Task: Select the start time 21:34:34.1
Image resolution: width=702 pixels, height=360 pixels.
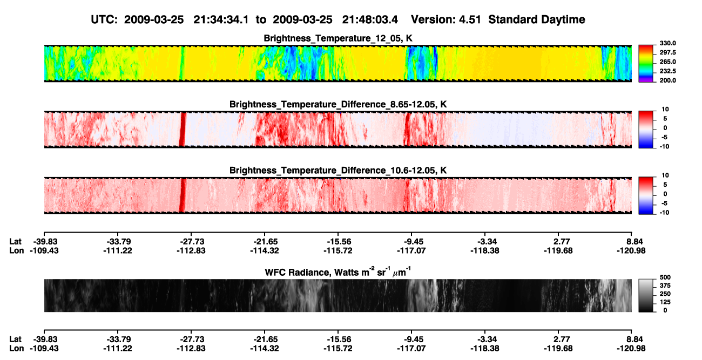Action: [x=221, y=19]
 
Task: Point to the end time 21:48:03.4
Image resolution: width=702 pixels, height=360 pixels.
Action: [x=370, y=19]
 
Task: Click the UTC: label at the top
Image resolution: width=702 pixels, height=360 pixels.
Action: [x=104, y=19]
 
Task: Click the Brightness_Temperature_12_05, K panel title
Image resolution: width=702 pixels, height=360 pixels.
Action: [x=338, y=38]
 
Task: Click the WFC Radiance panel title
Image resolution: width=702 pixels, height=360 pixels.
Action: [x=338, y=272]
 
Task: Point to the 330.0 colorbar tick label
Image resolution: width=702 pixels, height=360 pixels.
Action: [x=667, y=43]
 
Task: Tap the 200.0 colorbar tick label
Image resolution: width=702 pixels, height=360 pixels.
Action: [x=667, y=80]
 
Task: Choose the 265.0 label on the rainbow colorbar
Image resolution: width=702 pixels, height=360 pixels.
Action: [x=667, y=62]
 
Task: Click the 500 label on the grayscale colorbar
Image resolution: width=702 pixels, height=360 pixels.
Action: [x=665, y=277]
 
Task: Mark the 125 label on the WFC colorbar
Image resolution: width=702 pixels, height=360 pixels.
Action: [x=665, y=302]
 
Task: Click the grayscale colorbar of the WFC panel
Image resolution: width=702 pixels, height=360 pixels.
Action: [x=646, y=295]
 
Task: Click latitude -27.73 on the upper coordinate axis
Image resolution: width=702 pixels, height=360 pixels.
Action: [x=191, y=242]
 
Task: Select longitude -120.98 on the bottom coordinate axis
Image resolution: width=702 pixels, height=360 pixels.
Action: [x=631, y=349]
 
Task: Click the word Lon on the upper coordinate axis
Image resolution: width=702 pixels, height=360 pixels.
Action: [x=16, y=250]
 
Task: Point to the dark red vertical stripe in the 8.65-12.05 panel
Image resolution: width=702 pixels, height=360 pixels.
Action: [x=183, y=130]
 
